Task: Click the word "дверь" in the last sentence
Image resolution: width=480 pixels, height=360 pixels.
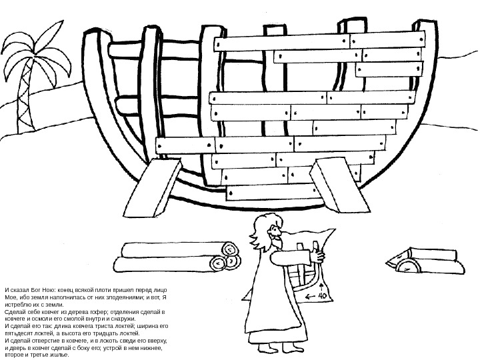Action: coord(19,348)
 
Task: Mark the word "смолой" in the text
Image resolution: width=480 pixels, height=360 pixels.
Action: coord(76,319)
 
